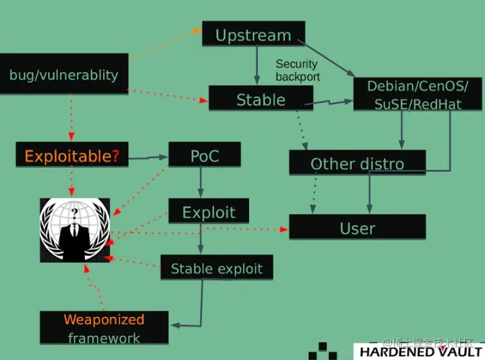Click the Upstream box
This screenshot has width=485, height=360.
(x=253, y=34)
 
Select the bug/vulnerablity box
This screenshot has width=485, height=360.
(x=64, y=74)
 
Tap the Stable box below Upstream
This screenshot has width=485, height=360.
(x=261, y=100)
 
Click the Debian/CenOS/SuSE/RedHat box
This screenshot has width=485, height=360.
(x=418, y=95)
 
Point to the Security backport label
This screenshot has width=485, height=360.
(x=297, y=70)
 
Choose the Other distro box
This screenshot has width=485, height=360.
(x=357, y=163)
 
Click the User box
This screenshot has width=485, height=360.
(x=357, y=228)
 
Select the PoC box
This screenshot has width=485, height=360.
(x=205, y=156)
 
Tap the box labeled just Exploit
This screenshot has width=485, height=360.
(x=209, y=212)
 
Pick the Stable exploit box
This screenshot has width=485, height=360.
(x=216, y=268)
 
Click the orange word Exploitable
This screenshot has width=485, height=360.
(x=67, y=156)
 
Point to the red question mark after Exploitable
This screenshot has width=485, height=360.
(x=116, y=156)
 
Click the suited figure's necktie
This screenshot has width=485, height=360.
(x=74, y=239)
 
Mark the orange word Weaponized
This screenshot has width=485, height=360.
(x=104, y=320)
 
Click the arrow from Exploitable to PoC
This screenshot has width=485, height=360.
(x=148, y=158)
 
